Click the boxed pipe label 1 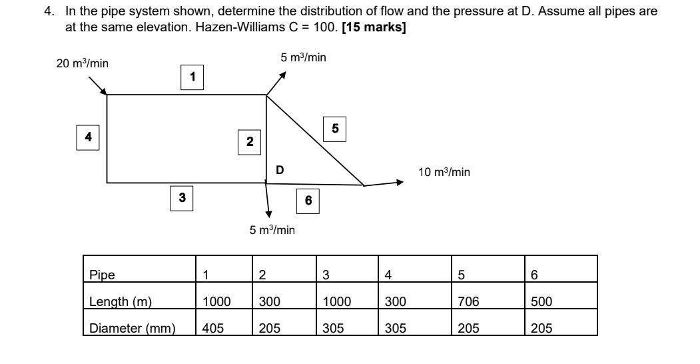point(192,77)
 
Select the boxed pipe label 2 point(250,141)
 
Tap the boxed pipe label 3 point(182,198)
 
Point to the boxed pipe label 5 point(335,129)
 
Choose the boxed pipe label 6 point(308,201)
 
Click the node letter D point(280,170)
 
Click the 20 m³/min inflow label point(83,64)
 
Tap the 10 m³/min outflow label point(444,172)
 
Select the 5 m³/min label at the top point(303,58)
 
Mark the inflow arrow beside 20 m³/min point(97,84)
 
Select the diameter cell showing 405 point(213,327)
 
